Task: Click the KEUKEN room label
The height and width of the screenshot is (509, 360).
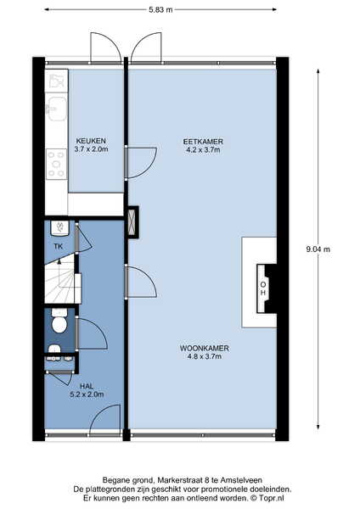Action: (91, 141)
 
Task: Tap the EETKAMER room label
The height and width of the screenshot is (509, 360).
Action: (203, 142)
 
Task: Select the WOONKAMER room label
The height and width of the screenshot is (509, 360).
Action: (205, 349)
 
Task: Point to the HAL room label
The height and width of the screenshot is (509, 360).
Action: (87, 386)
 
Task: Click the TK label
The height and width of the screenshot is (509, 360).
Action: (59, 246)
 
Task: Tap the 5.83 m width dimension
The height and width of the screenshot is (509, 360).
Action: (160, 9)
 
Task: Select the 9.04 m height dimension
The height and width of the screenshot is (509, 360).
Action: (318, 249)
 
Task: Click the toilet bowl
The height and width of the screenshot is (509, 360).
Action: (59, 324)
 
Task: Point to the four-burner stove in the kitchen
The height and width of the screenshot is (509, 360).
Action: (57, 164)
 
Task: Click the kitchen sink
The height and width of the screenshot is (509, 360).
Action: (57, 107)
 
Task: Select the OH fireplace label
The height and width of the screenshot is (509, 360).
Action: (263, 288)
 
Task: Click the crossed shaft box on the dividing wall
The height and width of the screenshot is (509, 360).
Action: (132, 222)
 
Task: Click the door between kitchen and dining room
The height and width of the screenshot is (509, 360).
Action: (141, 163)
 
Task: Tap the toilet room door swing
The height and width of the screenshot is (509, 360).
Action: (92, 333)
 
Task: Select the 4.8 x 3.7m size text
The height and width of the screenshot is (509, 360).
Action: (204, 356)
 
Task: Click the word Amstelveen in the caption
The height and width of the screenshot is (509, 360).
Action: (241, 480)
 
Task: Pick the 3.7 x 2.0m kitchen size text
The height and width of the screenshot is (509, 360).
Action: (91, 149)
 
